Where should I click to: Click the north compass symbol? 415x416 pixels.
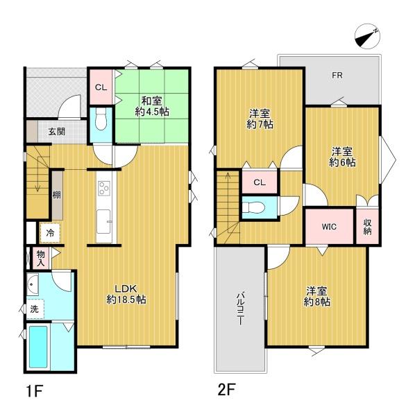[x=368, y=36]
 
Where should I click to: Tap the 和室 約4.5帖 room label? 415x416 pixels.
[x=152, y=107]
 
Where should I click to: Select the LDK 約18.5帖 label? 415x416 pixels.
[x=126, y=294]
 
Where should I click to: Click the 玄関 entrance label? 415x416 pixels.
[x=56, y=131]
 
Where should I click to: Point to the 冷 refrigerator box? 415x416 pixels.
[x=50, y=233]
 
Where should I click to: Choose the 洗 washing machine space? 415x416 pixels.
[x=35, y=309]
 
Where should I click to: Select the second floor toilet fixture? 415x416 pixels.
[x=253, y=207]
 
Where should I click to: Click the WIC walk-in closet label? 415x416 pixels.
[x=329, y=227]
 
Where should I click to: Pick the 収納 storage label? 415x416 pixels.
[x=368, y=227]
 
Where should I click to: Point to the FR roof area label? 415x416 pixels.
[x=337, y=76]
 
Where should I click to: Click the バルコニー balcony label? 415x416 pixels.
[x=241, y=309]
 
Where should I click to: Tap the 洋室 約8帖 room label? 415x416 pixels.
[x=316, y=296]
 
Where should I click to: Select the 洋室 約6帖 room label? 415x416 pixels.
[x=342, y=157]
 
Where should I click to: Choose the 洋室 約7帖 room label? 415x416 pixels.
[x=260, y=119]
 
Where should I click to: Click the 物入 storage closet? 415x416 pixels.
[x=41, y=259]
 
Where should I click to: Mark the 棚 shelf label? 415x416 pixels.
[x=56, y=196]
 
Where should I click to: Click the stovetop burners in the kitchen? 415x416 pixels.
[x=103, y=187]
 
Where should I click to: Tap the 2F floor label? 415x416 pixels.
[x=226, y=390]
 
